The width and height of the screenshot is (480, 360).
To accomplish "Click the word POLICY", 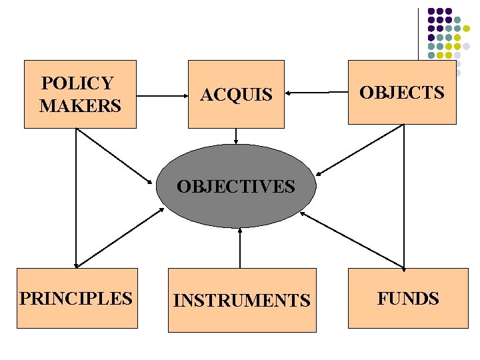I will pyautogui.click(x=77, y=83).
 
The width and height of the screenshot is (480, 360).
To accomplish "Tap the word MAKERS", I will pyautogui.click(x=81, y=105).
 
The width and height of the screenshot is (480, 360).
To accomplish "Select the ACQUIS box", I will pyautogui.click(x=236, y=94).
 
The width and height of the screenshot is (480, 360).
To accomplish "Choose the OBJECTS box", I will pyautogui.click(x=402, y=93).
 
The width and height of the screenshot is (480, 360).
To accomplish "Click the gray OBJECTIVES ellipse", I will pyautogui.click(x=236, y=186).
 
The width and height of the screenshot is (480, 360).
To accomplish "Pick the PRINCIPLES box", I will pyautogui.click(x=77, y=298).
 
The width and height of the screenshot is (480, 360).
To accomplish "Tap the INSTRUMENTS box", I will pyautogui.click(x=242, y=300).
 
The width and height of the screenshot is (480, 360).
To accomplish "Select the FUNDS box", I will pyautogui.click(x=408, y=298).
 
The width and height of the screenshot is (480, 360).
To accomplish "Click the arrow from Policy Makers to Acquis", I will pyautogui.click(x=163, y=96).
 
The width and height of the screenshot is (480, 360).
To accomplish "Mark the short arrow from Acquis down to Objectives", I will pyautogui.click(x=236, y=136).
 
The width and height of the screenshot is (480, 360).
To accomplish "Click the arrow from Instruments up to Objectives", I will pyautogui.click(x=239, y=247).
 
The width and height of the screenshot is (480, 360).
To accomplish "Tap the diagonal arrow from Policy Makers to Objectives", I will pyautogui.click(x=114, y=156).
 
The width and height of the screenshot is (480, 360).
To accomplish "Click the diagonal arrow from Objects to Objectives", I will pyautogui.click(x=359, y=150).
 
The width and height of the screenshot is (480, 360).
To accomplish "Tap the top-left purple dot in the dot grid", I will pyautogui.click(x=431, y=11).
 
